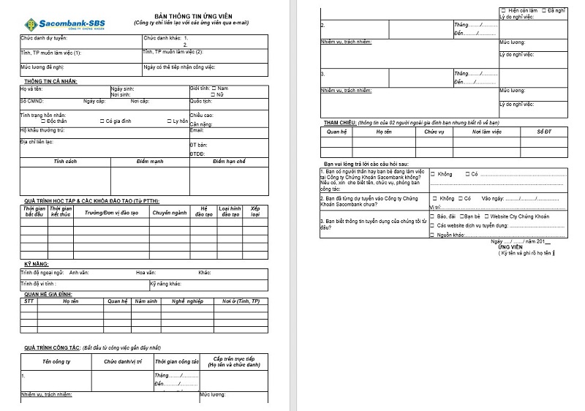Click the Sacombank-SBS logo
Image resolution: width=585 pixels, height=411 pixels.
(54, 23)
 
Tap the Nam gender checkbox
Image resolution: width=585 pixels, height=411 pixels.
(214, 88)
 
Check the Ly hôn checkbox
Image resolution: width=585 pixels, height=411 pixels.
(169, 121)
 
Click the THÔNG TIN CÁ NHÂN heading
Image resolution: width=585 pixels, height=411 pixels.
(50, 81)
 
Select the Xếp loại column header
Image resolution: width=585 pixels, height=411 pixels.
(255, 212)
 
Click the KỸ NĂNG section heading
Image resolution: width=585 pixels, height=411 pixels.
(37, 262)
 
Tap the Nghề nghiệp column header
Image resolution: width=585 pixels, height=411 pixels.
(186, 301)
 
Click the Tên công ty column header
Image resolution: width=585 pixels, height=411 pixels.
(56, 361)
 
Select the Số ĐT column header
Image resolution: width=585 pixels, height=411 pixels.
(543, 132)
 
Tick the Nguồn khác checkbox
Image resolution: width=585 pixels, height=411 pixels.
(432, 234)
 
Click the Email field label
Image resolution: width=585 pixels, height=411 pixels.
(196, 130)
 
